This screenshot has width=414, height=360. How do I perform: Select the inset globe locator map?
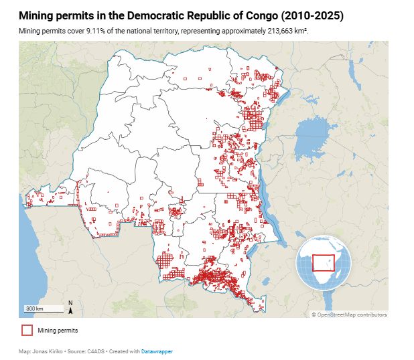click(324, 261)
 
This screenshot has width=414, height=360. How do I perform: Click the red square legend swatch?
click(27, 330)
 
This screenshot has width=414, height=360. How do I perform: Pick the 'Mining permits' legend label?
click(58, 330)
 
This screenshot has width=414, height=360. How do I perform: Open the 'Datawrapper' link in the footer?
click(157, 351)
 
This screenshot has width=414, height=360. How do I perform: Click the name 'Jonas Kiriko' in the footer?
click(46, 351)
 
